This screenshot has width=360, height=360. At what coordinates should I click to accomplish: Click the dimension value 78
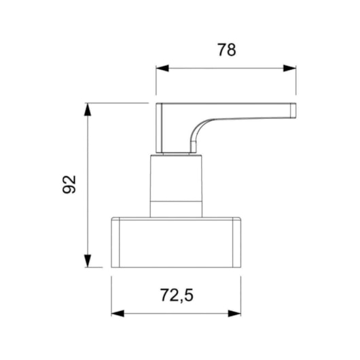point(227,50)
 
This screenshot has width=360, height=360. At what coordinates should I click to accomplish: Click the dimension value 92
point(69,184)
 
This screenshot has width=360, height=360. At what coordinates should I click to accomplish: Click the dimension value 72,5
point(177,295)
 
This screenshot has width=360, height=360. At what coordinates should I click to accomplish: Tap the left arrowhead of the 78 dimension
point(162,68)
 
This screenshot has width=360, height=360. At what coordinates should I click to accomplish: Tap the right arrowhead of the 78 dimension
point(289,68)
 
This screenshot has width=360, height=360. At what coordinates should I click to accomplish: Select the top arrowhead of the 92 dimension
point(88,109)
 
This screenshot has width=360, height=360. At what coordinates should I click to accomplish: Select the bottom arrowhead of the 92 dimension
point(88,261)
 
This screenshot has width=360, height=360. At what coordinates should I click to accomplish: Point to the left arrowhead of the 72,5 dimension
point(118,313)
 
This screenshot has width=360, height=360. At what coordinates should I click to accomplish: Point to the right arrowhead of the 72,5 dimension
point(234,313)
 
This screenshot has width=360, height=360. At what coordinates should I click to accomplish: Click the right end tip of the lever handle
point(295,111)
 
